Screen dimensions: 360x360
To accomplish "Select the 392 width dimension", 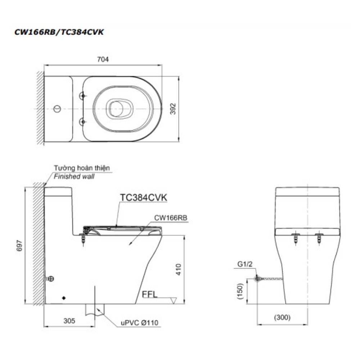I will click(x=173, y=108).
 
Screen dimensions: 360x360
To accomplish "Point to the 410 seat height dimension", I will click(x=178, y=269).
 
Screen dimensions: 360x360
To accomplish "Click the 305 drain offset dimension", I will click(x=68, y=321).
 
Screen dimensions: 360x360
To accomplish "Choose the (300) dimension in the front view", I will click(x=282, y=318).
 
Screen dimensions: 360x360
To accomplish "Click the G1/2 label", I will click(x=246, y=264).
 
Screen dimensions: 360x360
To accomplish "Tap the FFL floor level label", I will click(x=150, y=294).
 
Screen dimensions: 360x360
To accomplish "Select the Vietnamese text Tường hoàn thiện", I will click(x=82, y=168).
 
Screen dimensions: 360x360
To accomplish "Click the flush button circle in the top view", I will click(x=57, y=108).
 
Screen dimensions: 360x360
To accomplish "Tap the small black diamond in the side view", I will click(x=64, y=298).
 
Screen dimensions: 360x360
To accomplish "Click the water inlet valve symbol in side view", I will click(x=50, y=279).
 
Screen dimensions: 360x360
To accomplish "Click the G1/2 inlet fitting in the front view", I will click(x=257, y=278).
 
